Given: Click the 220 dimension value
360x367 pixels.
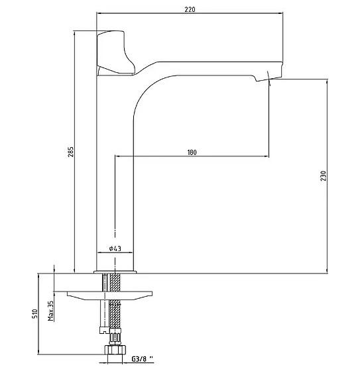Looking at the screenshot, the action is point(190,9).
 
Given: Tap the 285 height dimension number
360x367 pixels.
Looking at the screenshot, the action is point(71,152).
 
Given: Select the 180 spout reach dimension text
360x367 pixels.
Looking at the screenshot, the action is point(192,152).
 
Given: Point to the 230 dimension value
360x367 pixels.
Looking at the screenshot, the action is point(324,176).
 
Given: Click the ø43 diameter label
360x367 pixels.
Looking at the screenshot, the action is point(115,248).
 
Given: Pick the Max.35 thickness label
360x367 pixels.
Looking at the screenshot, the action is point(51,311).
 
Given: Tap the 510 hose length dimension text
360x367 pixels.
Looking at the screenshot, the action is point(34,314).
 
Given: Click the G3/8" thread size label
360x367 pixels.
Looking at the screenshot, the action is point(142,359).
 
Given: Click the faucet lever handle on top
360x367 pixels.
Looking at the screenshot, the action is point(115,54).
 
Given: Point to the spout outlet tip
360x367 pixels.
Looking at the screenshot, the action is point(269,79).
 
